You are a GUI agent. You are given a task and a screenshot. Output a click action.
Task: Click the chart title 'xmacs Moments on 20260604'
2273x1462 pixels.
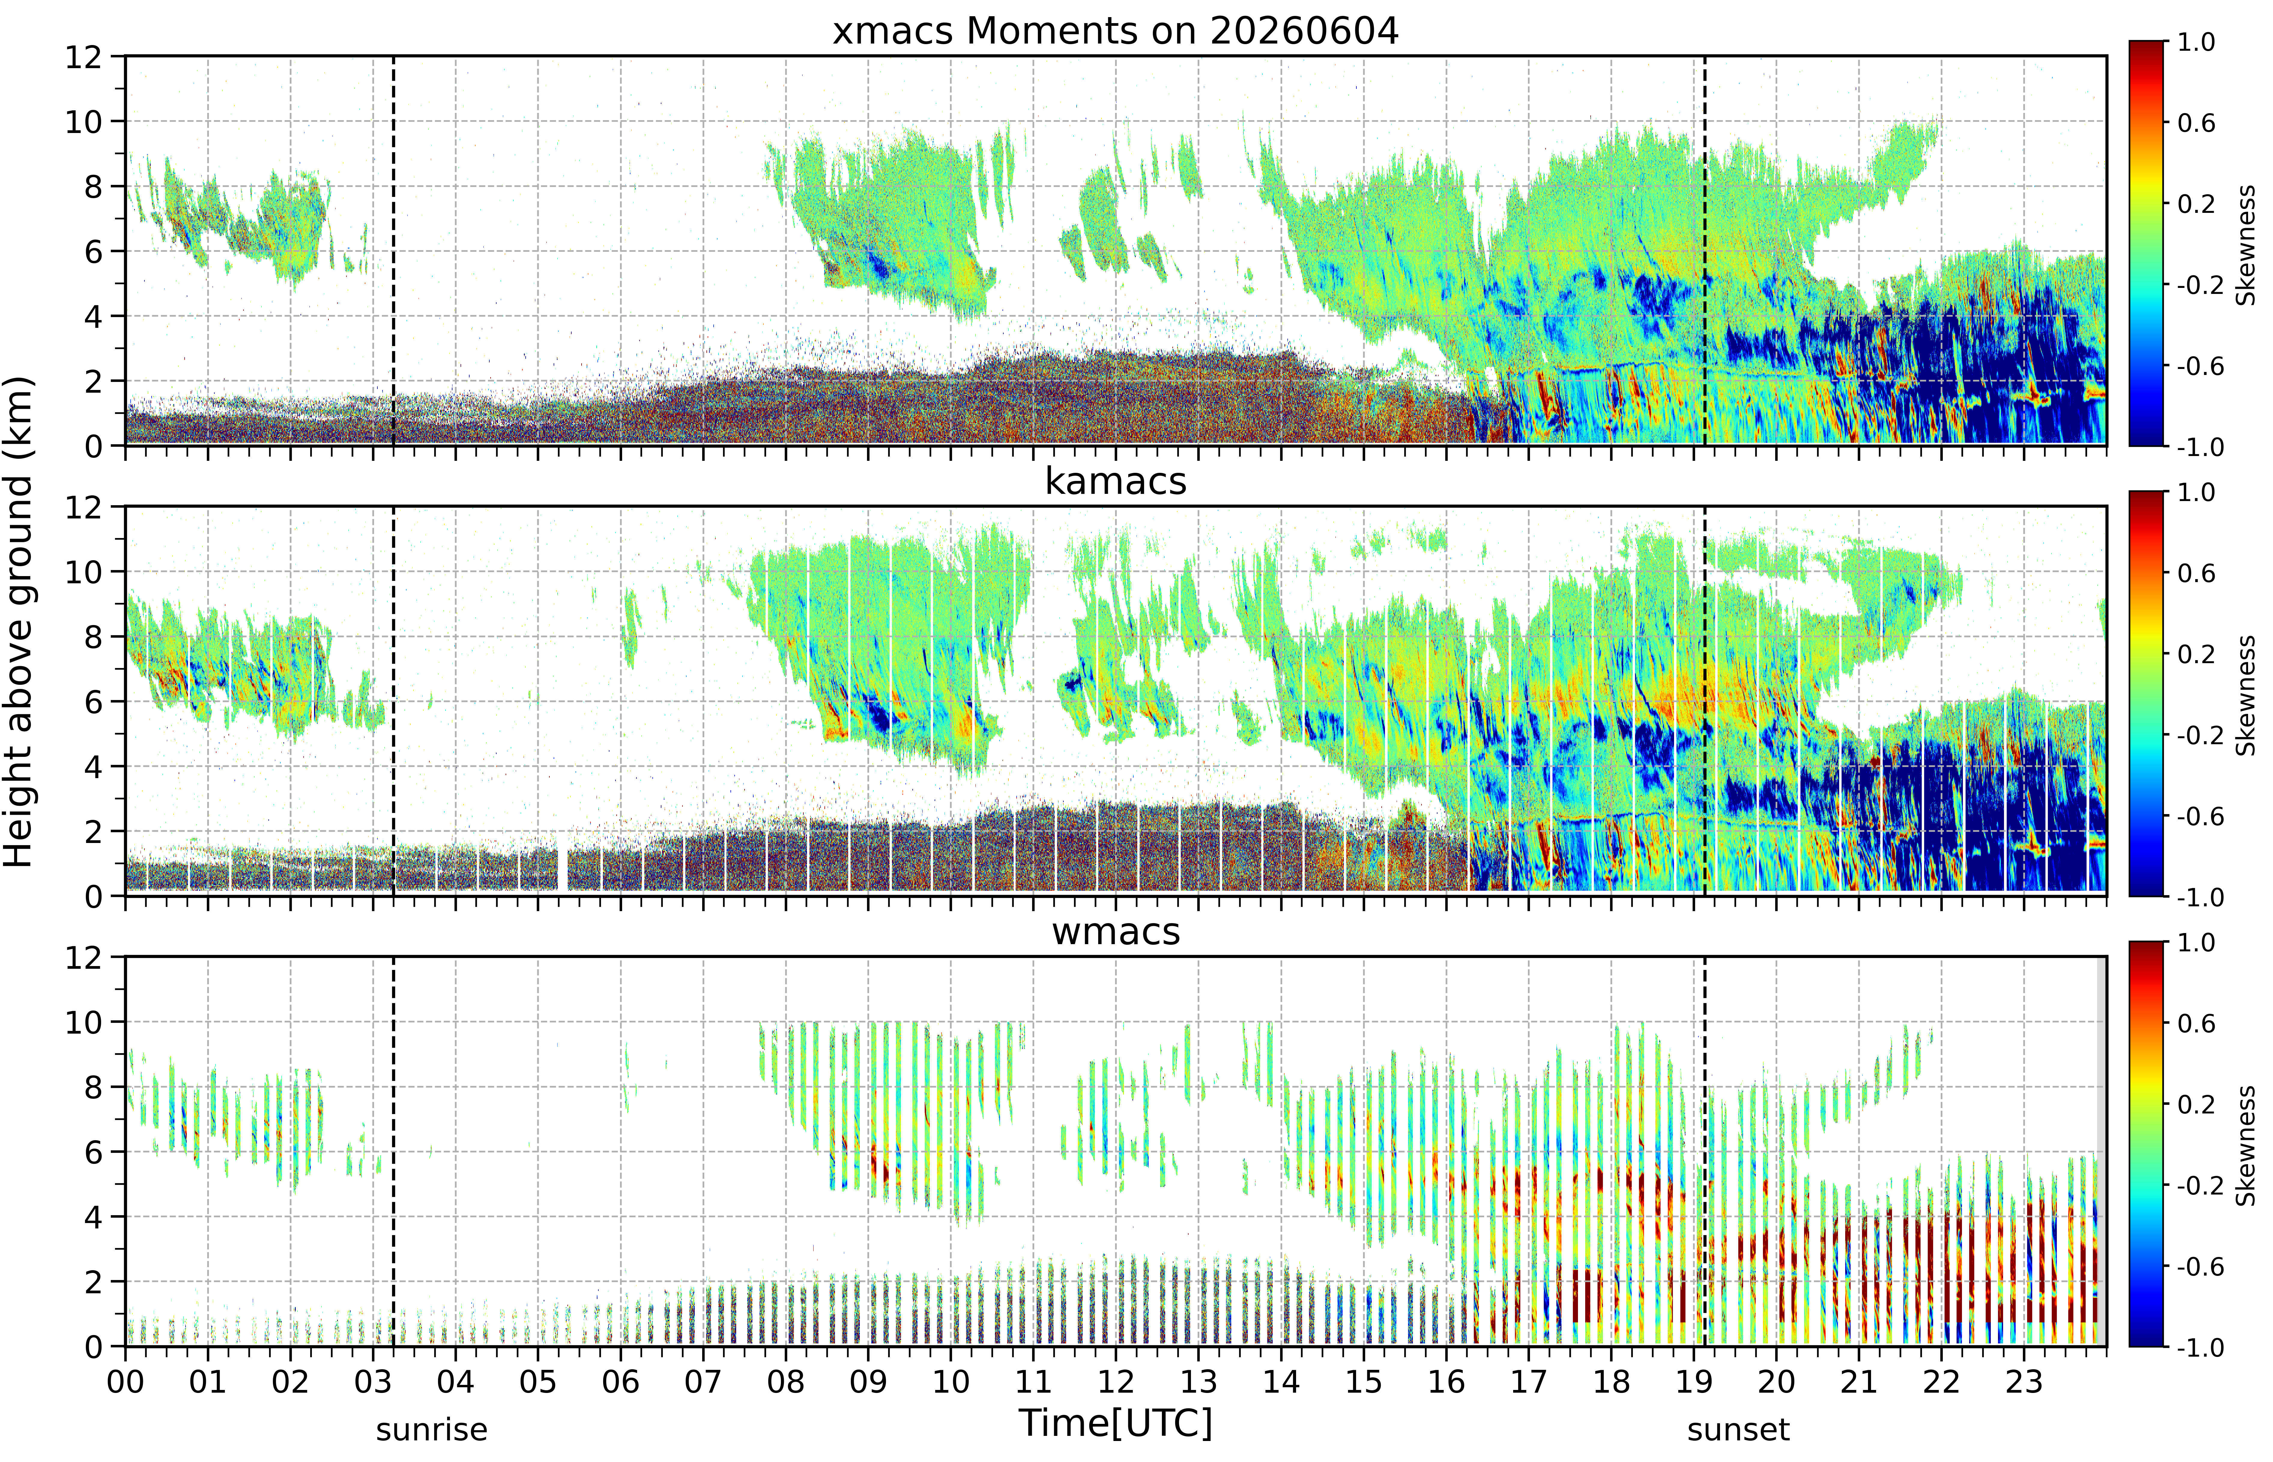(1116, 31)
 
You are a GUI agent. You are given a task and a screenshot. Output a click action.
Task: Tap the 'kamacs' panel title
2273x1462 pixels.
(1116, 481)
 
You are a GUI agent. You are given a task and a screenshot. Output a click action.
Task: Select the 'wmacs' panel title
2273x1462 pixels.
(1116, 931)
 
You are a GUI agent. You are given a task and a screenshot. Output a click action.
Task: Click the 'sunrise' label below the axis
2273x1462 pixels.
(432, 1430)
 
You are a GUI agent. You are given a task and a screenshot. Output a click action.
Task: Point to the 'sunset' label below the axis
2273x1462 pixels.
(1739, 1430)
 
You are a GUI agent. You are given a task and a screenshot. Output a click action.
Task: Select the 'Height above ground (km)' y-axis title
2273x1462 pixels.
(18, 622)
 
